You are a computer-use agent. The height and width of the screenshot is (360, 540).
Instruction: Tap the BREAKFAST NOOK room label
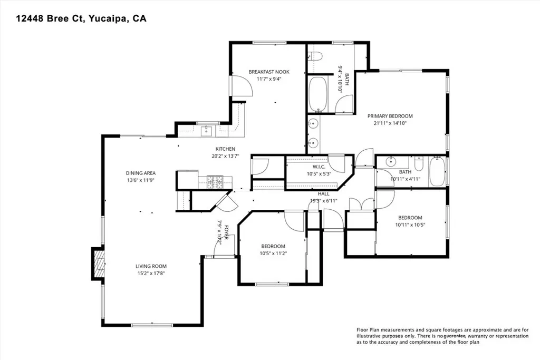pos(269,72)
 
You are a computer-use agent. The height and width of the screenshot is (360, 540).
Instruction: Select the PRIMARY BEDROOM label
pos(390,116)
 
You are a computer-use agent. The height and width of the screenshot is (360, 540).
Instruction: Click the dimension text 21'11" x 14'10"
pos(390,123)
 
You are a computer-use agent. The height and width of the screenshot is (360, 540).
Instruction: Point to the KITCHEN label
pos(225,149)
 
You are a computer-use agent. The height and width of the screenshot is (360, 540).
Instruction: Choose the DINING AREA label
pos(141,173)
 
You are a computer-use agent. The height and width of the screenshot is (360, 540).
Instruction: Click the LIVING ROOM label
pos(151,266)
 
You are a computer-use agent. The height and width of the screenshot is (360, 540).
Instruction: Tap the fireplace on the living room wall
pos(98,262)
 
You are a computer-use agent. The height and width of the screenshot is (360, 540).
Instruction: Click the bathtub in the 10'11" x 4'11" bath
pos(437,172)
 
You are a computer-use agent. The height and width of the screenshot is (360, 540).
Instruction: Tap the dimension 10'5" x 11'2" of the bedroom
pos(273,254)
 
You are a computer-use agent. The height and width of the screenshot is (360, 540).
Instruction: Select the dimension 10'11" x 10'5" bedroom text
pos(410,225)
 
